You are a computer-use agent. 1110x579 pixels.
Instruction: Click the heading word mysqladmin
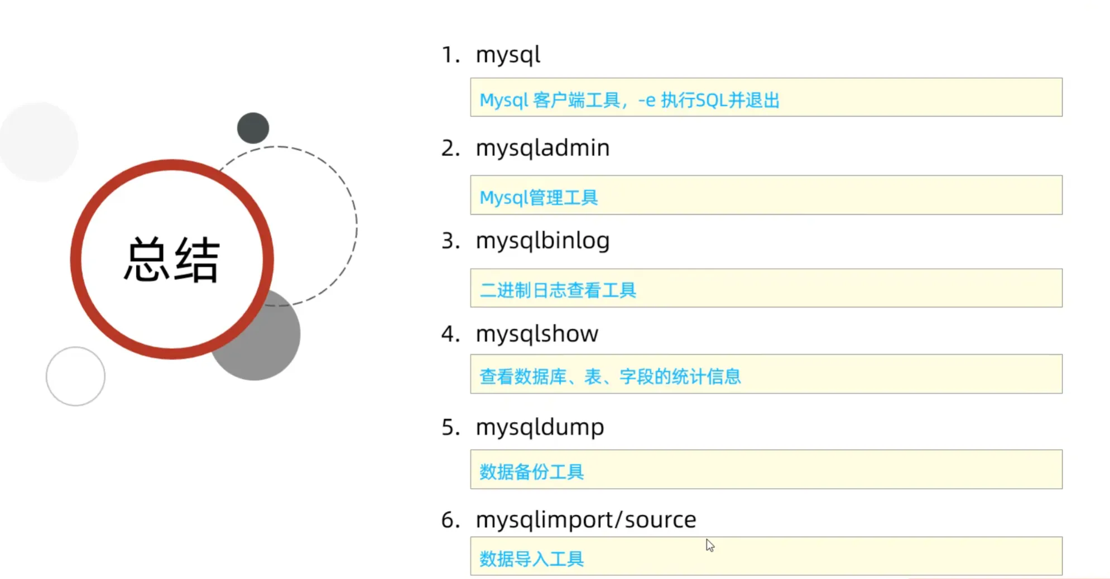click(542, 149)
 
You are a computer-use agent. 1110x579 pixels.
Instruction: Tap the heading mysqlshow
click(536, 334)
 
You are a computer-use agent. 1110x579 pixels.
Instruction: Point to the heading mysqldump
click(539, 428)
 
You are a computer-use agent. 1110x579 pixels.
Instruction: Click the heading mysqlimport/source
click(585, 520)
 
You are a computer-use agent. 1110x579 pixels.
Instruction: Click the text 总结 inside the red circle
click(171, 259)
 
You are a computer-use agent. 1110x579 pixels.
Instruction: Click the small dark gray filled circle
click(253, 128)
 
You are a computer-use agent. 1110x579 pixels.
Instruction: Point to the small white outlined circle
click(75, 376)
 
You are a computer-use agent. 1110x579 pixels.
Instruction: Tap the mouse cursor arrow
click(709, 545)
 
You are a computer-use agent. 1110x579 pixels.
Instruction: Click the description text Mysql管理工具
click(539, 198)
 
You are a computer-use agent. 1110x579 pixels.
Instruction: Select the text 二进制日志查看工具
click(558, 290)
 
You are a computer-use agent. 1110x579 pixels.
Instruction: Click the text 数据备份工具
click(531, 472)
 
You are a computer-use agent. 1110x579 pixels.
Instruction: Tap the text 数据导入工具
click(531, 558)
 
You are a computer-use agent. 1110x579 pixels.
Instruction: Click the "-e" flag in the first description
click(646, 101)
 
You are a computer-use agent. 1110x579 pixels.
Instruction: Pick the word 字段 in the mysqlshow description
click(636, 377)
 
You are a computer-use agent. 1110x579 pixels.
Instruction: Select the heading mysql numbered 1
click(507, 55)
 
